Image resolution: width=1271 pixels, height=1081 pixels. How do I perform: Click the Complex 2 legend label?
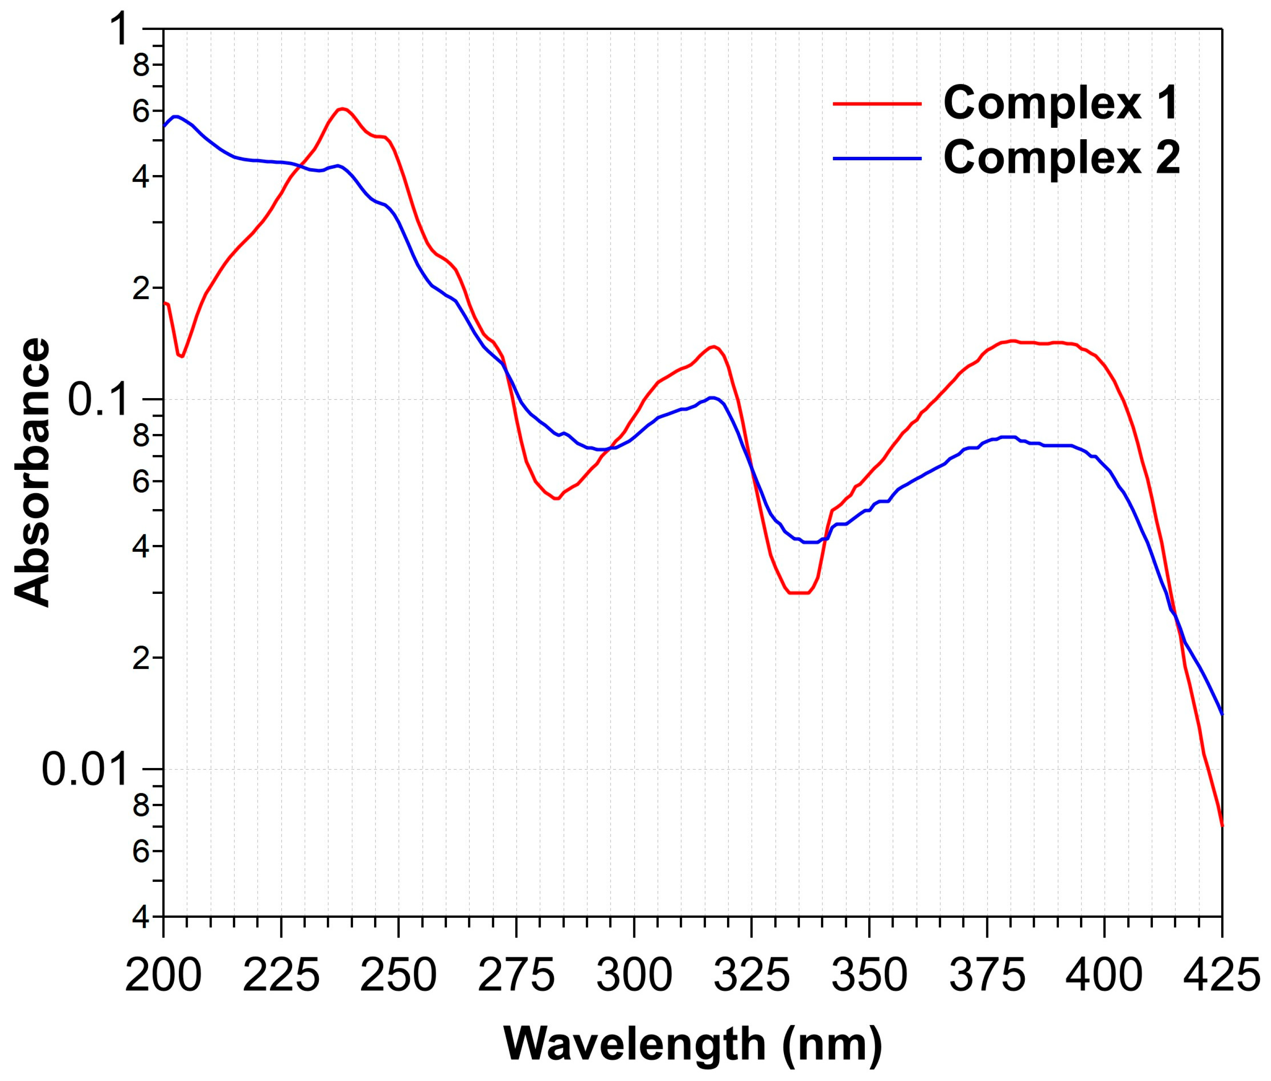[x=1061, y=158]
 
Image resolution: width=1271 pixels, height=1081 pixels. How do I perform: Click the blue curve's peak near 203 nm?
[x=177, y=116]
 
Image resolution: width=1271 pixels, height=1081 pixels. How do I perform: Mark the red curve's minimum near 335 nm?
[x=799, y=593]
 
